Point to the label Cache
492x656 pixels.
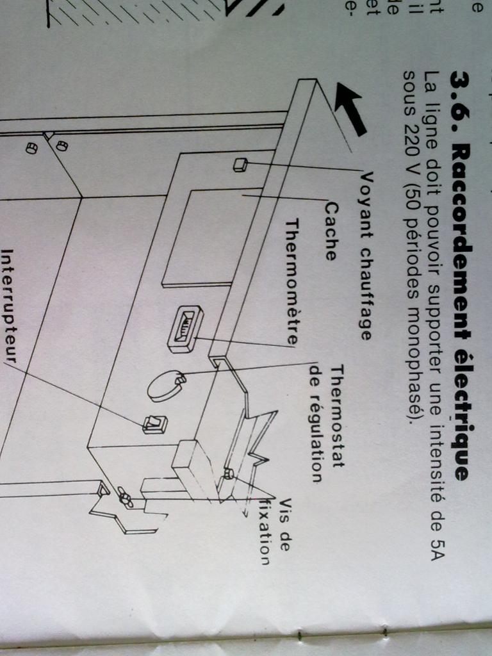pyautogui.click(x=331, y=231)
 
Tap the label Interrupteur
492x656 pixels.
pyautogui.click(x=9, y=304)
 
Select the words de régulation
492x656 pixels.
pyautogui.click(x=315, y=422)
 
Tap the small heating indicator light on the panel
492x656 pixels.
pyautogui.click(x=240, y=165)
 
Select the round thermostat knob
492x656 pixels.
pyautogui.click(x=165, y=385)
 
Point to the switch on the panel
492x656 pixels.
pyautogui.click(x=155, y=423)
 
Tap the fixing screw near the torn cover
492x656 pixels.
pyautogui.click(x=227, y=474)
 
